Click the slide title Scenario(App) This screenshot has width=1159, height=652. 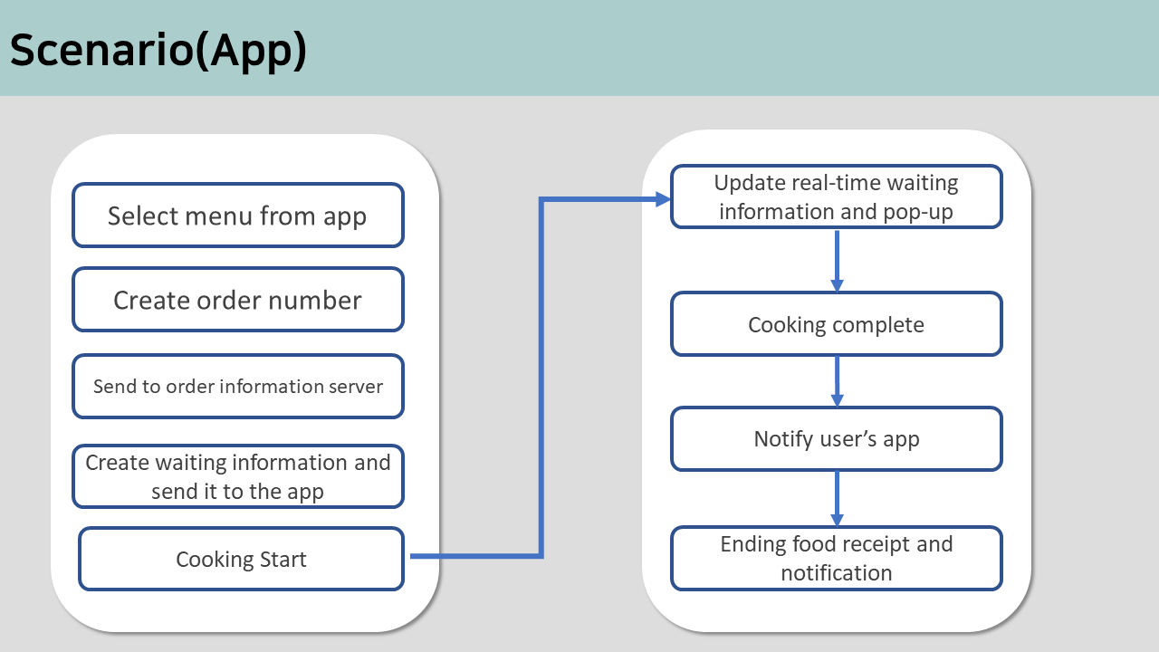point(158,51)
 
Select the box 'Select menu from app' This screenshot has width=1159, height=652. point(238,216)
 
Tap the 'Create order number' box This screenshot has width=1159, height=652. point(238,300)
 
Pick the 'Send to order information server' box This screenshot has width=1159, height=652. point(238,386)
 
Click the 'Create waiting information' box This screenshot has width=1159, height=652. point(238,476)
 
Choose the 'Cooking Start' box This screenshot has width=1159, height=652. point(241,559)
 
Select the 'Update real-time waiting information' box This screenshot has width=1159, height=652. point(837,197)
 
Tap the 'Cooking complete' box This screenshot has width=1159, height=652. point(837,324)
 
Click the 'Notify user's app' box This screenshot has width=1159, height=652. point(837,439)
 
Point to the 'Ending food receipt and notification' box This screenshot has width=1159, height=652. point(837,559)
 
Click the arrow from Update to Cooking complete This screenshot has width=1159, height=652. point(838,261)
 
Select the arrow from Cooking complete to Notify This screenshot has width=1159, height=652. point(838,381)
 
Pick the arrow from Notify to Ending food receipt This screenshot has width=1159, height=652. point(838,499)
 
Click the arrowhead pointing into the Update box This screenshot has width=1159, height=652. point(663,199)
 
